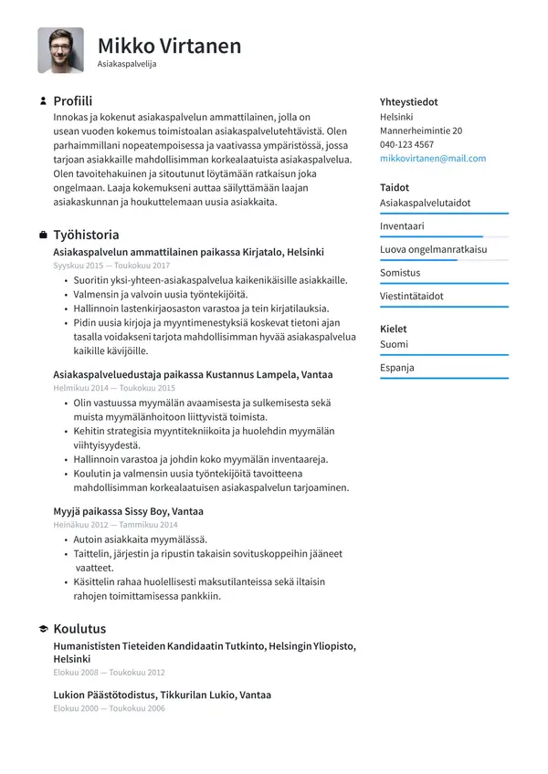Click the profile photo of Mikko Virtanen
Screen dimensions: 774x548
click(x=60, y=50)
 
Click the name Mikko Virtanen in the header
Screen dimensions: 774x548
click(x=169, y=46)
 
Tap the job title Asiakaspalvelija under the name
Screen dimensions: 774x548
click(x=127, y=65)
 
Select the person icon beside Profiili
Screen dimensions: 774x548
click(x=43, y=101)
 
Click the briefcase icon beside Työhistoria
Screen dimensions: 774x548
click(x=43, y=235)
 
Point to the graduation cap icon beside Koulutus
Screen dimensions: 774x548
click(x=43, y=629)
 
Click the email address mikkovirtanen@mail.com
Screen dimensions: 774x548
click(x=433, y=158)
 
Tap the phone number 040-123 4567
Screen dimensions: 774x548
click(x=406, y=144)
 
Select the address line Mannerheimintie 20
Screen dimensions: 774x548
click(x=420, y=131)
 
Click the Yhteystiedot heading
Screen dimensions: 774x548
click(x=408, y=102)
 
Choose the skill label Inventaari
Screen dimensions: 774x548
click(x=402, y=225)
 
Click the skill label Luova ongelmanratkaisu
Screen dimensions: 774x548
click(x=433, y=249)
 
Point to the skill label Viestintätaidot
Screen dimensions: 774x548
click(x=411, y=297)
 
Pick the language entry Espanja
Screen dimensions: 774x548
click(x=396, y=368)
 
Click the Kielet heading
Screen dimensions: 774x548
click(x=393, y=329)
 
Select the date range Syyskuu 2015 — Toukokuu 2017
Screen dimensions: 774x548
click(x=111, y=265)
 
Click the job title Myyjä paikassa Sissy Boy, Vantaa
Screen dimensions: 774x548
click(x=128, y=511)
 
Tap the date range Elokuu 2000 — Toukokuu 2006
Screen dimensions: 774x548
click(x=109, y=708)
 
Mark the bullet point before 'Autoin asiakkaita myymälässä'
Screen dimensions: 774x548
click(x=66, y=539)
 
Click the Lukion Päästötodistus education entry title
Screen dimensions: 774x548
click(x=162, y=695)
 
